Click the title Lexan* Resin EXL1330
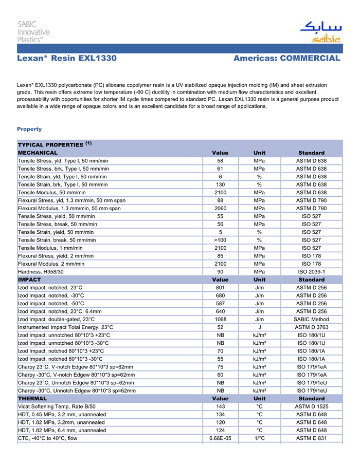pos(67,59)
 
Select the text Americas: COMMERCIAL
pos(287,59)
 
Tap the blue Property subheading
pos(29,129)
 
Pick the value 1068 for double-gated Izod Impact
pos(220,319)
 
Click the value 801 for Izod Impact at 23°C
pos(220,288)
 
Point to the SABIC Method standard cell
pos(311,319)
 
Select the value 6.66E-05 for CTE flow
pos(220,438)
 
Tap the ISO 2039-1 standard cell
pos(311,271)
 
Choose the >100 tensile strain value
pos(220,240)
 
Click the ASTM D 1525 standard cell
pos(311,406)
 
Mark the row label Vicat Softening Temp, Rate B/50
pos(58,406)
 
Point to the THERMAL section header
pos(32,398)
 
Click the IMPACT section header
pos(29,280)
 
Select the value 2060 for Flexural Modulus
pos(220,208)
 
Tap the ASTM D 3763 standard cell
pos(311,327)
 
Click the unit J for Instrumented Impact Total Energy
pos(260,327)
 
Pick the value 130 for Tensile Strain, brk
pos(220,184)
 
